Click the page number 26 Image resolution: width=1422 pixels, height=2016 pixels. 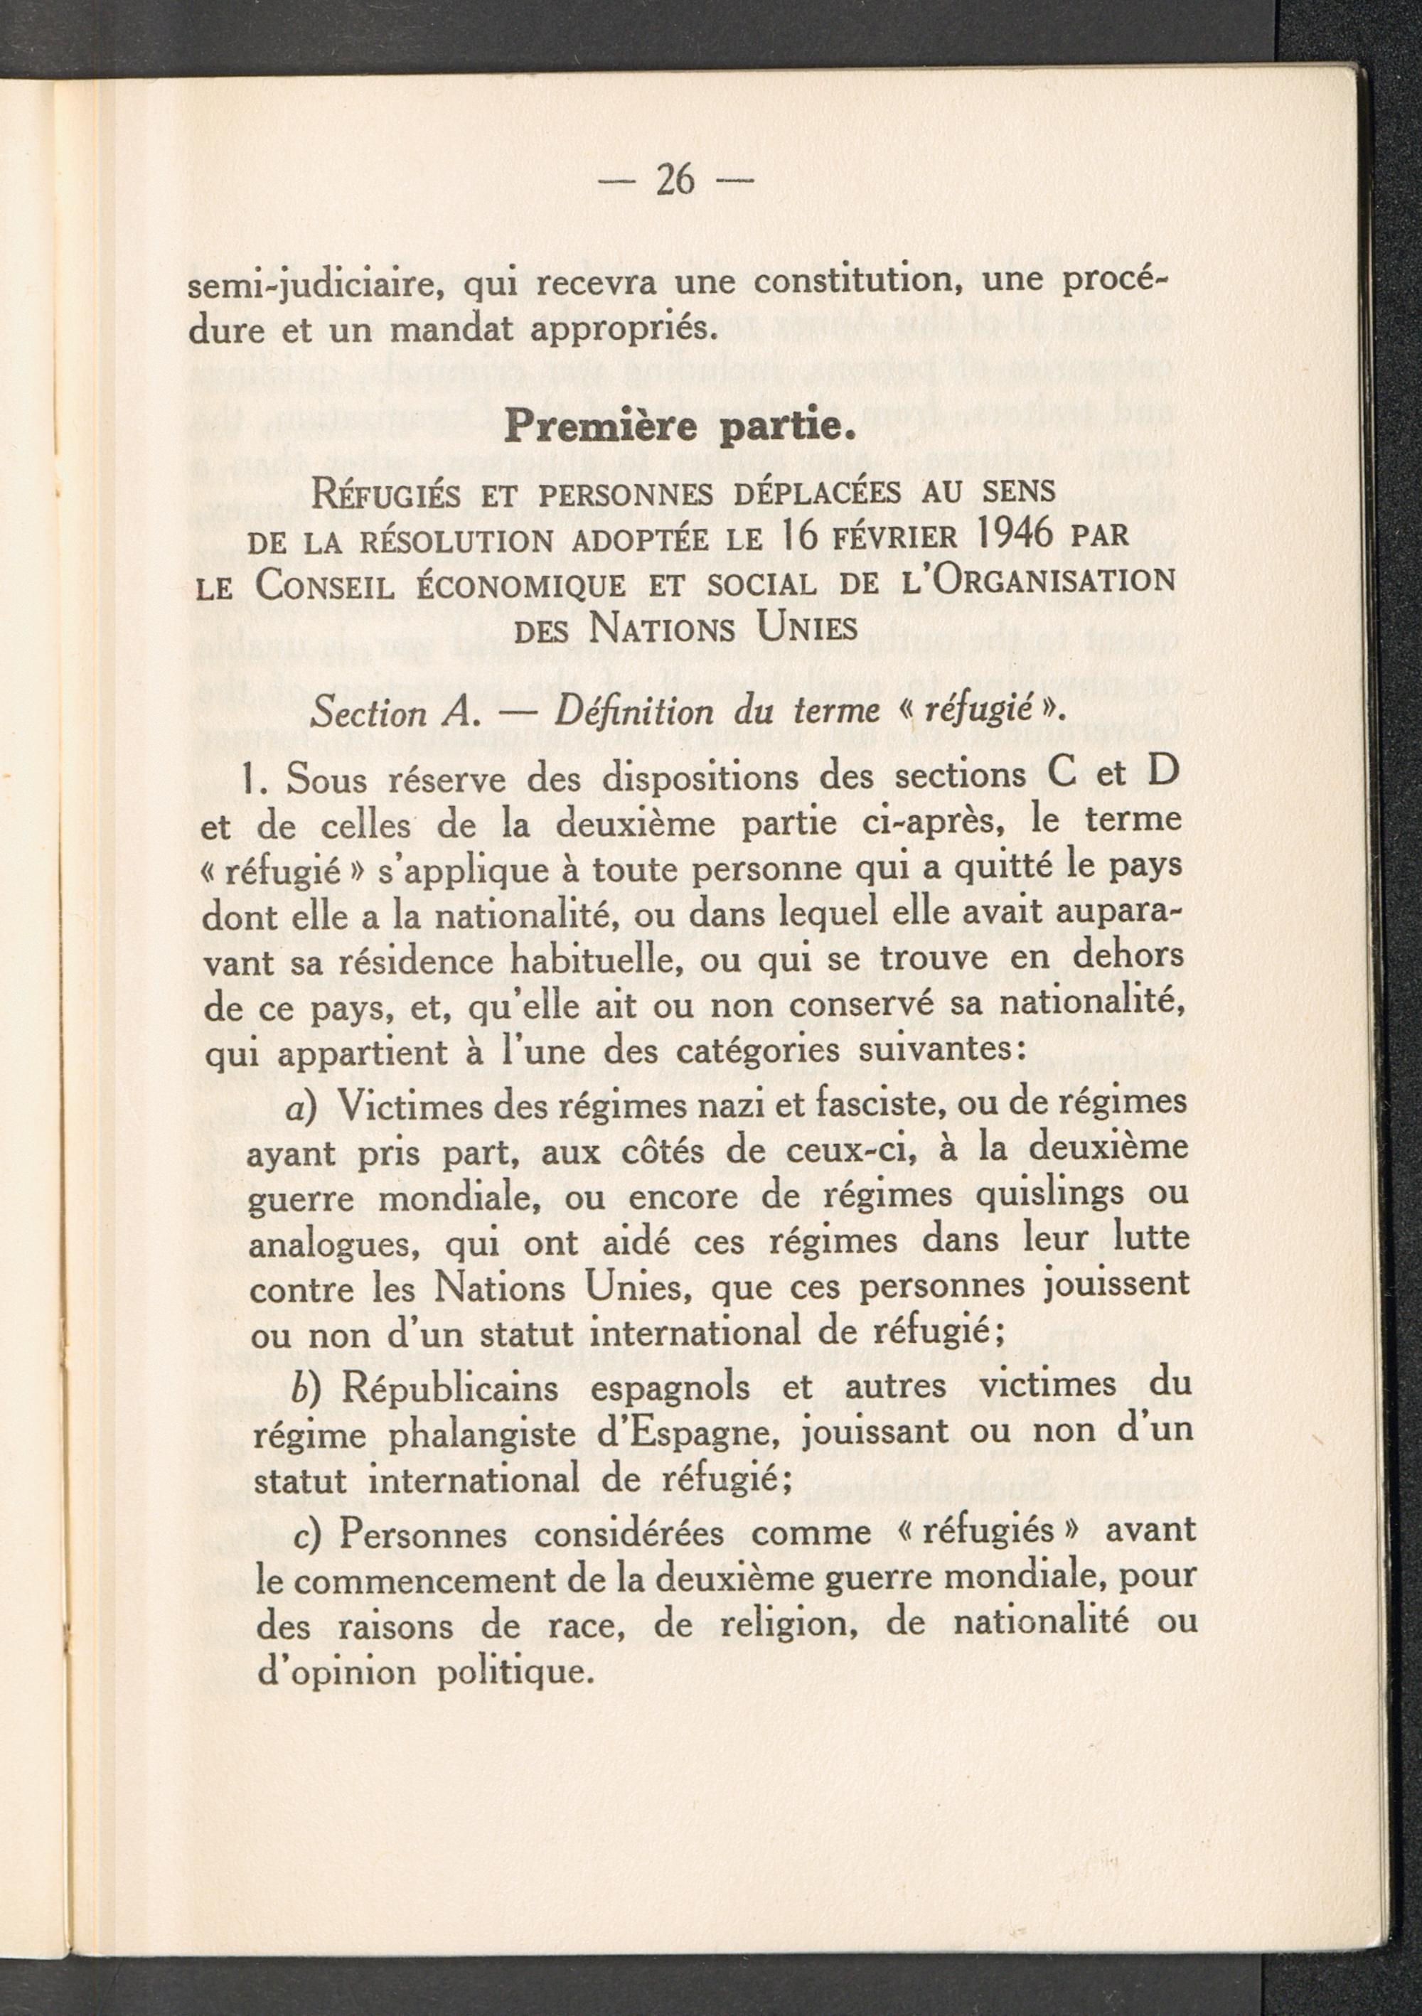675,180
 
